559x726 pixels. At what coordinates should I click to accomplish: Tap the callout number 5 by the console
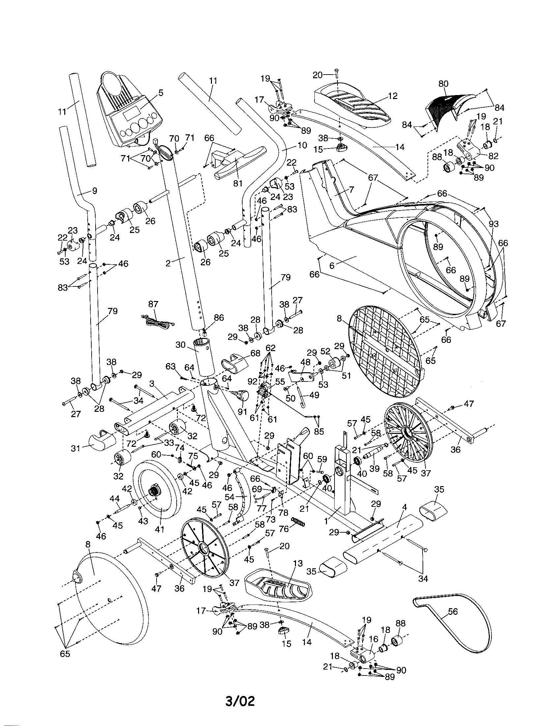(161, 93)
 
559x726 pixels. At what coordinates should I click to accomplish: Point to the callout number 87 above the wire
(153, 304)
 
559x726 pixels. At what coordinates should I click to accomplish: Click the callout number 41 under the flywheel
(160, 529)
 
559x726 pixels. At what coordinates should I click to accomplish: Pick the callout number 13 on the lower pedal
(298, 563)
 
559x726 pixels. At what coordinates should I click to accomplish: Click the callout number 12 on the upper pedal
(392, 96)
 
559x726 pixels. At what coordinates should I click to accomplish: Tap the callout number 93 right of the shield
(493, 224)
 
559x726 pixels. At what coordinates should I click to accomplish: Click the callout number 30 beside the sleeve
(180, 345)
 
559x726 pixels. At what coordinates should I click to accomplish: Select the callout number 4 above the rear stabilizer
(404, 507)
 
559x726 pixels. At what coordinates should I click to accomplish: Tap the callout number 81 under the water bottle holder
(238, 183)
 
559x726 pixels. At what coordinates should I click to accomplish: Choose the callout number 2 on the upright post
(168, 263)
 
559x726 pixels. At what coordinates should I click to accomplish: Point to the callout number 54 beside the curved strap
(229, 497)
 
